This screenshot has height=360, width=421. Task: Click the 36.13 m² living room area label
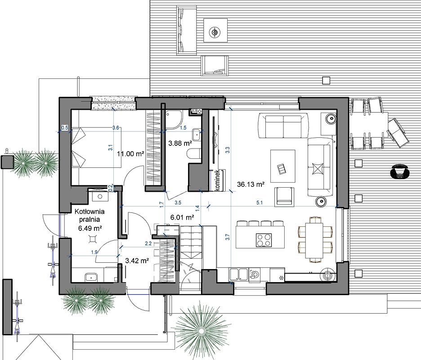(251, 184)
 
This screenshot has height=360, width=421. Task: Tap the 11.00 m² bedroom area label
(130, 154)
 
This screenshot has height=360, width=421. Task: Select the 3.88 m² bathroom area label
(180, 144)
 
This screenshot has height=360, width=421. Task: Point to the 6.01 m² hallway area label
(182, 217)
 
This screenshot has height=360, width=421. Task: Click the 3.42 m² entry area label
(137, 261)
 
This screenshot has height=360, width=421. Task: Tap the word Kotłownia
(90, 211)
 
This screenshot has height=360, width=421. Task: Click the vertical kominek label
(218, 180)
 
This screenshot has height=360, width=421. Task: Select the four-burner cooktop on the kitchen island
(264, 240)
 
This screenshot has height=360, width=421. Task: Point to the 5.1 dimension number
(260, 203)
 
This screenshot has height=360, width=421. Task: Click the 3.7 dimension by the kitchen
(228, 237)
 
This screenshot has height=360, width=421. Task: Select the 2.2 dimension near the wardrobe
(148, 243)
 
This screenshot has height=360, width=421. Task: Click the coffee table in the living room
(283, 166)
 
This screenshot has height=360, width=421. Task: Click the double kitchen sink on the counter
(238, 275)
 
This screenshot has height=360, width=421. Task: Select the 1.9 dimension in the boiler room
(94, 252)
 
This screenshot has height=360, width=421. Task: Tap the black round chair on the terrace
(399, 171)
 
